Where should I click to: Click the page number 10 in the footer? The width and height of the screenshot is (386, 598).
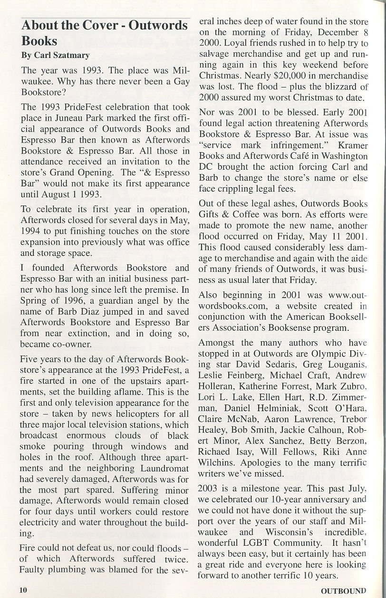(x=23, y=590)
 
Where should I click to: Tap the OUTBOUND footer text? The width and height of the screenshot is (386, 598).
(x=343, y=591)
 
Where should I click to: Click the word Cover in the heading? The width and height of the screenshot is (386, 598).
(x=91, y=25)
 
